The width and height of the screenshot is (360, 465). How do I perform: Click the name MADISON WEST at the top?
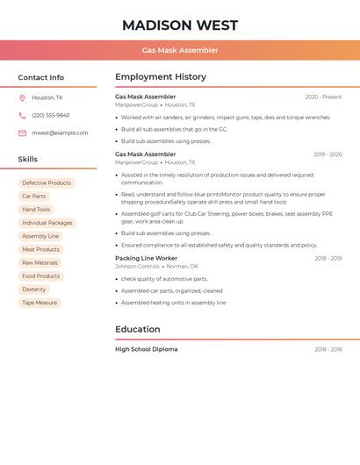180,25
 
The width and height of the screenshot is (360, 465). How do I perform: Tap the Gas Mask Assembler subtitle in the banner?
180,50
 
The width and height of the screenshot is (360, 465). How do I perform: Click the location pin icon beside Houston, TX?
22,97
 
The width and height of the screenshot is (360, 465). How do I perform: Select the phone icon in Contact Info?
22,115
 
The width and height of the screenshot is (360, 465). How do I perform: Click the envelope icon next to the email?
22,132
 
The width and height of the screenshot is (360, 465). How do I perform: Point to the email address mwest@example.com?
60,132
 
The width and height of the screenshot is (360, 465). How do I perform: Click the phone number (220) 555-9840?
50,115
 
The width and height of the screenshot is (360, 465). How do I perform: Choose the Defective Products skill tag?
47,182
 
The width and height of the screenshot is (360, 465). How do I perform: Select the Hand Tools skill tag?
36,210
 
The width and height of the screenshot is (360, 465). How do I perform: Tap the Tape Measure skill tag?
40,303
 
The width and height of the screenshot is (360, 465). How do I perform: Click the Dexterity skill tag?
34,290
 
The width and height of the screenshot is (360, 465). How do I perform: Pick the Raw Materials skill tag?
40,262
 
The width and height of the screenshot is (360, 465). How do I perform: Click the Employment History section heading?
161,77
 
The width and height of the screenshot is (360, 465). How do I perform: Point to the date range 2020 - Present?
323,97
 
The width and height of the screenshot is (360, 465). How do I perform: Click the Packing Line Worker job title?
146,258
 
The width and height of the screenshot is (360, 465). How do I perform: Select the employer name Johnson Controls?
137,266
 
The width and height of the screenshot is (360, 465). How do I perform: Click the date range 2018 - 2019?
328,259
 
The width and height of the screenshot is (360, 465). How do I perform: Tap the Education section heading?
138,329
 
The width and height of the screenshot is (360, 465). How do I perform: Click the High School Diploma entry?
146,349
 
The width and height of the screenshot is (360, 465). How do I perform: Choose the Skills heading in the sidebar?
28,159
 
